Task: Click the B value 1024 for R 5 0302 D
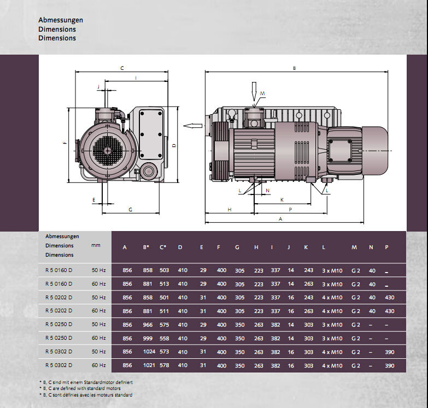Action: [x=149, y=352]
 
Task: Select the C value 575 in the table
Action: [x=165, y=324]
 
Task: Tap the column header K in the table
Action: [x=306, y=247]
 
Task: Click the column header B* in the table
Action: [x=146, y=247]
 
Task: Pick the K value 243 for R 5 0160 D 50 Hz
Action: [x=308, y=270]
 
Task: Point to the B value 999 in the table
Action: [x=148, y=338]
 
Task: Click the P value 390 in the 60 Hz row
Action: [x=390, y=365]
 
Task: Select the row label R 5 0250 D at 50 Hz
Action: [x=58, y=324]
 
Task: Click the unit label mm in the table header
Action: [x=96, y=245]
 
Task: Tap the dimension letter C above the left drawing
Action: [x=122, y=68]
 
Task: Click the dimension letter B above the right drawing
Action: [x=294, y=68]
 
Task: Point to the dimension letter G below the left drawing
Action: [x=130, y=209]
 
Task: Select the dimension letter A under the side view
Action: [x=280, y=218]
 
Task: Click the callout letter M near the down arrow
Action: [x=262, y=93]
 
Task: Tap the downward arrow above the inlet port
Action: [x=254, y=92]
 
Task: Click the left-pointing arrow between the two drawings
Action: [x=193, y=126]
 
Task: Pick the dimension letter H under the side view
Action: [x=230, y=209]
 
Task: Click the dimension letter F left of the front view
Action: [x=65, y=142]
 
